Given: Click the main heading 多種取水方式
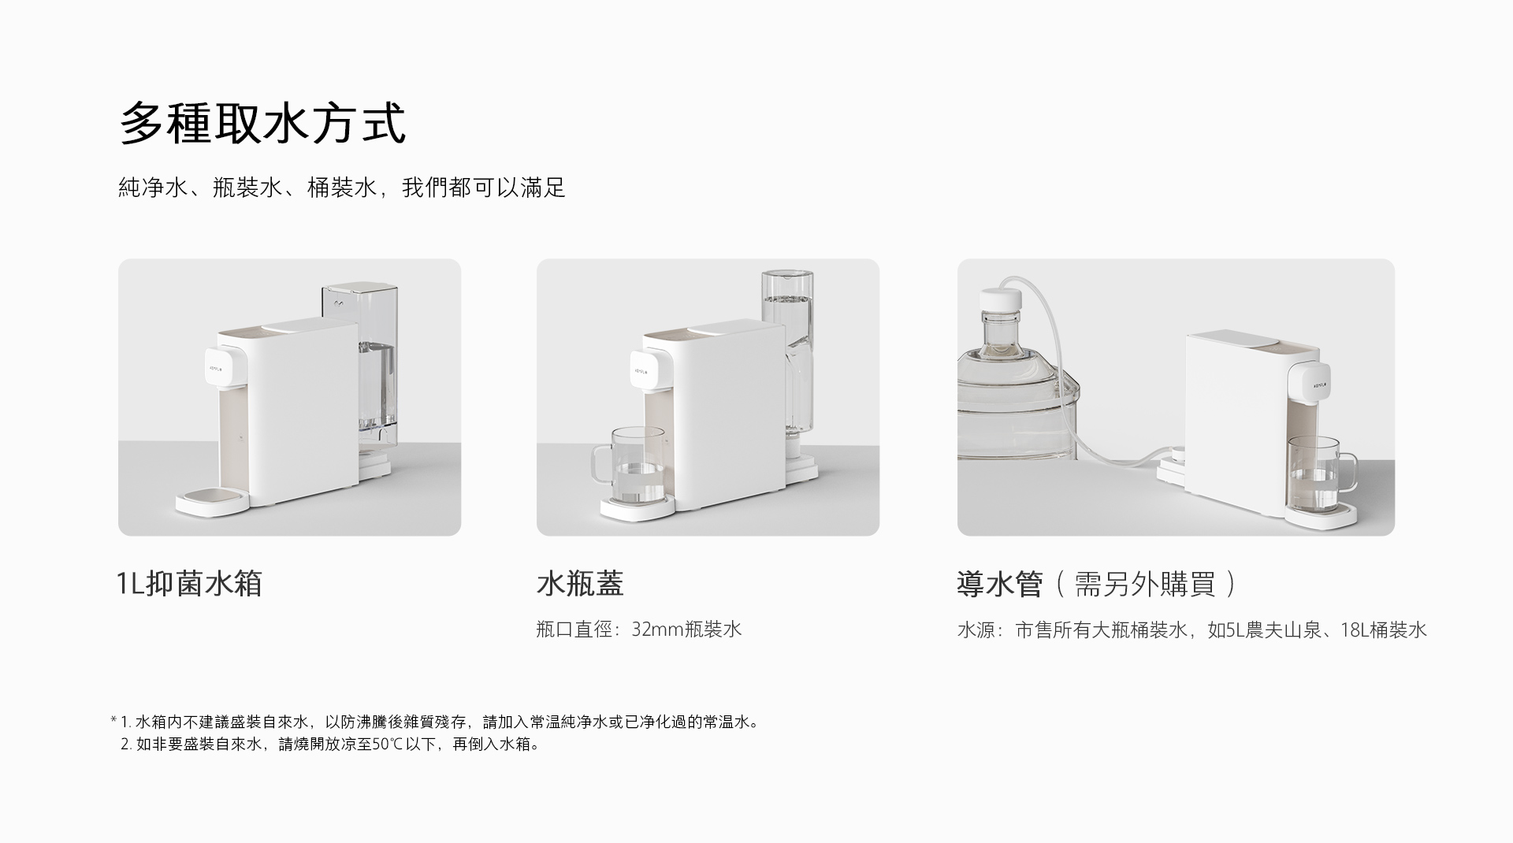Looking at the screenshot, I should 262,124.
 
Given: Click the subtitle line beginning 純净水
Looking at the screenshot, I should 341,188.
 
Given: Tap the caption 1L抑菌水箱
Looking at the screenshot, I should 189,584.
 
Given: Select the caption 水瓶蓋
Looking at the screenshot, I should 580,584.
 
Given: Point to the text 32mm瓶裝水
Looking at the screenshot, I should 686,629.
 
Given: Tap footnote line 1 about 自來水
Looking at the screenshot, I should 437,722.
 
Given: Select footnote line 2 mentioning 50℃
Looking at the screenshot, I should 331,744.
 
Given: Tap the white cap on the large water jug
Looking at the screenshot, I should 1001,301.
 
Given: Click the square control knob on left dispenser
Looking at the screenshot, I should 217,369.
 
